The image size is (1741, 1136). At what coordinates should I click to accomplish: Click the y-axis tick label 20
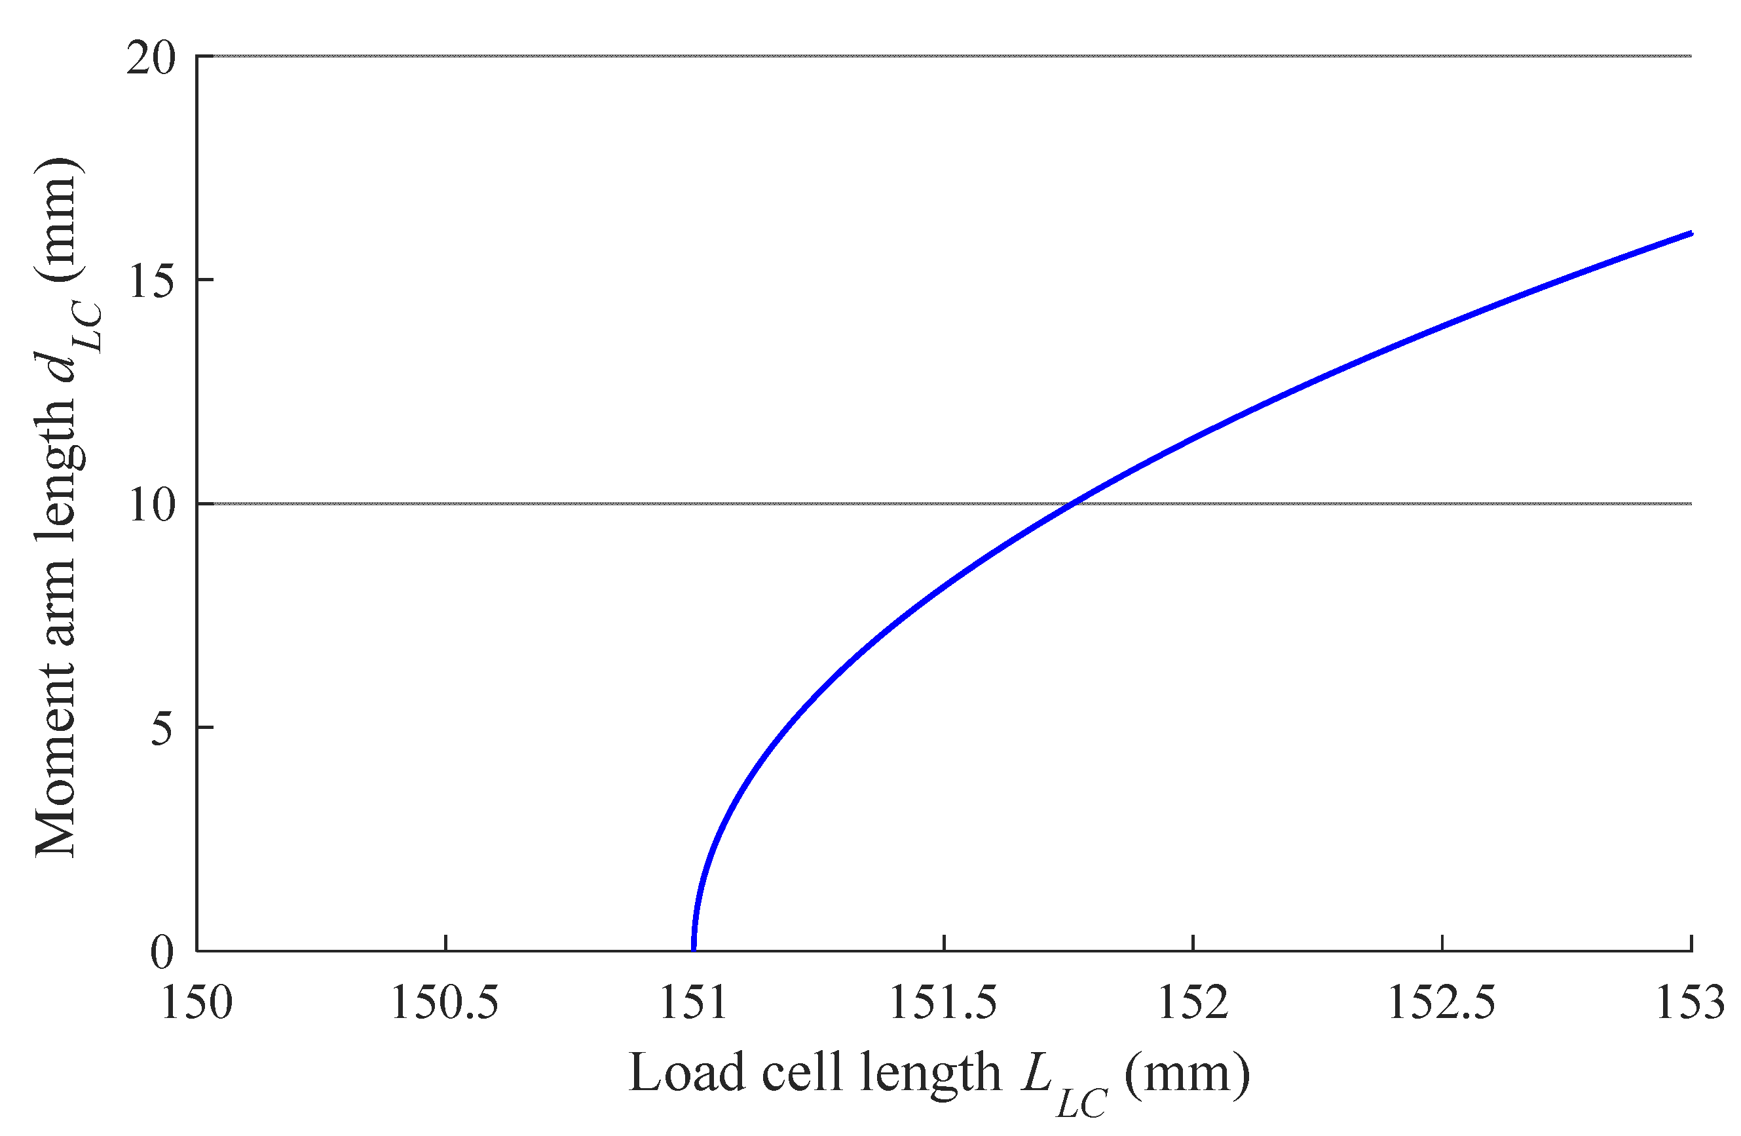coord(151,58)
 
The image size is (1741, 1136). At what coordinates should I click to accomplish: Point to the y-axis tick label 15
coord(151,281)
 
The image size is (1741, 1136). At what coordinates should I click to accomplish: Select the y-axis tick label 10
coord(151,505)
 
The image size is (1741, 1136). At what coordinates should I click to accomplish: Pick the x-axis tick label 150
coord(196,1003)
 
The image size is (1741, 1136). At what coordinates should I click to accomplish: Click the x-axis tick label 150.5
coord(445,1003)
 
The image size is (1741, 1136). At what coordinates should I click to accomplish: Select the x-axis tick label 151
coord(694,1003)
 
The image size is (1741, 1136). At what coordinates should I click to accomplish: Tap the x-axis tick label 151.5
coord(943,1003)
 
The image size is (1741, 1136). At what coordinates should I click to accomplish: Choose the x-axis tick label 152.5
coord(1442,1003)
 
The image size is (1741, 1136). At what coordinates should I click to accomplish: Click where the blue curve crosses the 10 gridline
coord(1072,503)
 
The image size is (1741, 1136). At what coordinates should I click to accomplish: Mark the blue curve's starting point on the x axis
coord(694,949)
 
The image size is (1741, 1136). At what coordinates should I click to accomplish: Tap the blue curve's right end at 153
coord(1691,233)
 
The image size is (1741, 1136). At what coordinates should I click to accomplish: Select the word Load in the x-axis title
coord(686,1073)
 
